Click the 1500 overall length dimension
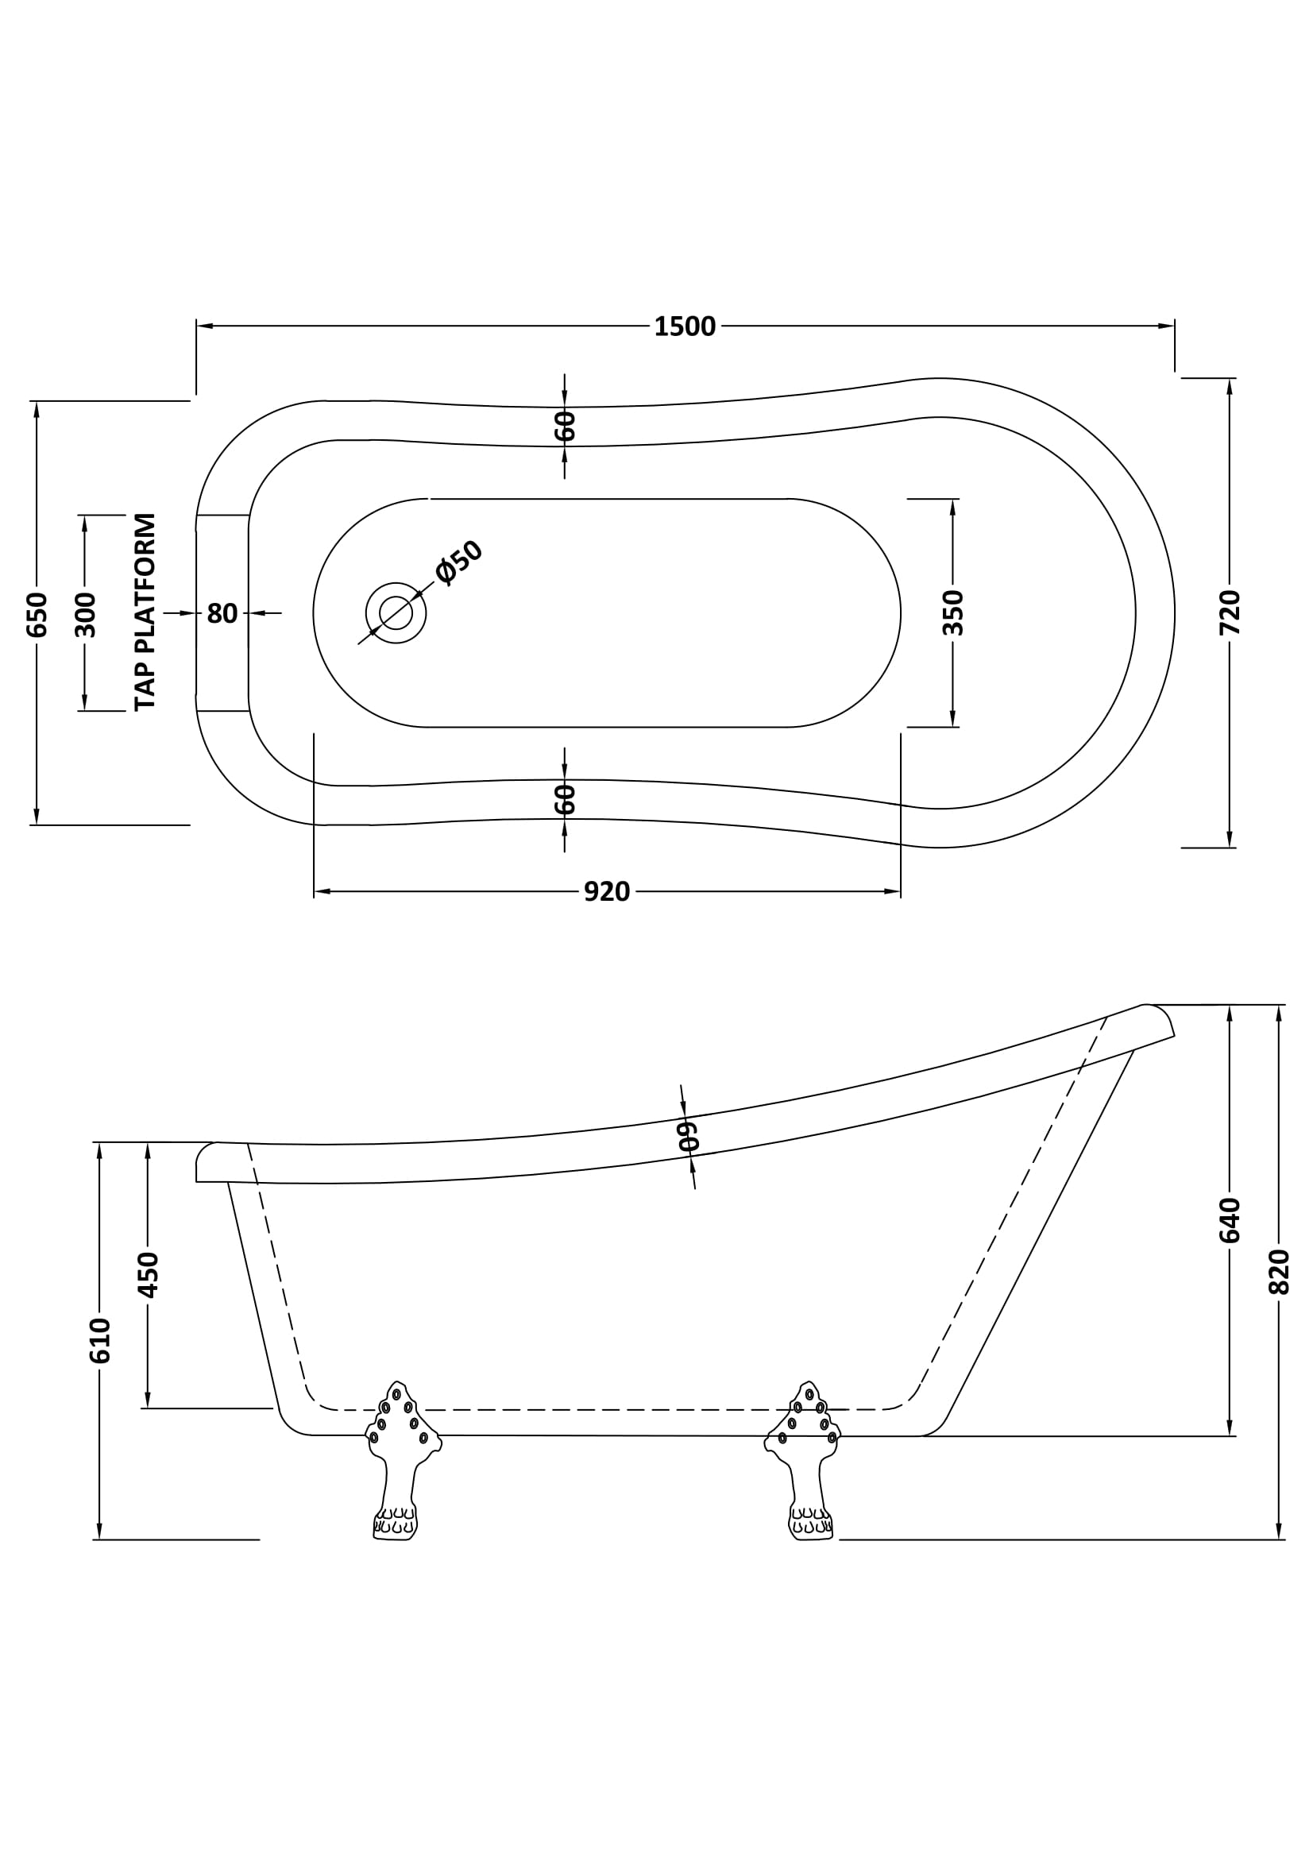[685, 327]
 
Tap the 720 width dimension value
[1229, 612]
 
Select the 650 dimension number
[37, 614]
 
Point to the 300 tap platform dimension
[85, 614]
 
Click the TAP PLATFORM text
[145, 612]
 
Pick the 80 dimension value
[222, 614]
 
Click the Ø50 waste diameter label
[458, 562]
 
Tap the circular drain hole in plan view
[396, 612]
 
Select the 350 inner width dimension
[953, 612]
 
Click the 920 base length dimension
[607, 892]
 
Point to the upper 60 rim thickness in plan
[565, 427]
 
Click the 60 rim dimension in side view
[688, 1136]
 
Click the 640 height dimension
[1229, 1219]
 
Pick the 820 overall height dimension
[1278, 1272]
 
